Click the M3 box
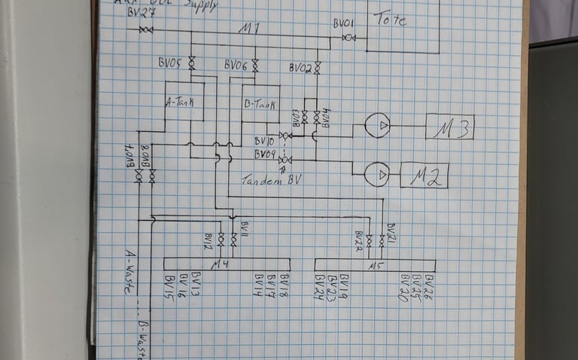(x=449, y=127)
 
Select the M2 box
(x=424, y=175)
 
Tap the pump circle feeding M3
(x=377, y=125)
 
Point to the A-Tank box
(x=184, y=105)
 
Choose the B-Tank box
(x=259, y=105)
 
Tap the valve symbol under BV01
(x=348, y=36)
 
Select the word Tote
(x=390, y=19)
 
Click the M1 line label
(x=249, y=29)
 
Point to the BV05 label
(x=170, y=64)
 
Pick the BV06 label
(x=236, y=66)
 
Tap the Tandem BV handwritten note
(x=270, y=181)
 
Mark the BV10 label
(x=264, y=141)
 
